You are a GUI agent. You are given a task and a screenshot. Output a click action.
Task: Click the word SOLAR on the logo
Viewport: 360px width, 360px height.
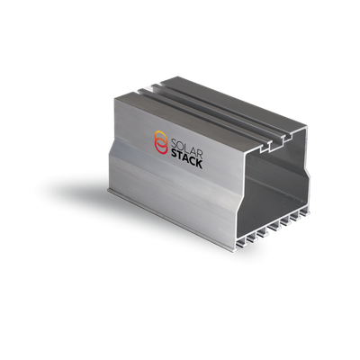tap(186, 145)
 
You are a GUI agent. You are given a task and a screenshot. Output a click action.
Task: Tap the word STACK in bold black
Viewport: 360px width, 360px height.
tap(186, 159)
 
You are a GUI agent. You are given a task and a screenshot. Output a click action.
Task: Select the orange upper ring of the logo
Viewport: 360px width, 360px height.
tap(161, 138)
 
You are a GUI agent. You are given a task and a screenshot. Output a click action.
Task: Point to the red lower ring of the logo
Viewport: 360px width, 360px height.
tap(161, 148)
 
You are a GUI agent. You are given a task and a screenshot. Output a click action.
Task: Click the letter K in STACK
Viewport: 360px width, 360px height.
tap(199, 163)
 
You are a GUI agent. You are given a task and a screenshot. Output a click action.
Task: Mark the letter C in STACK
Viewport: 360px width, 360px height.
tap(192, 161)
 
